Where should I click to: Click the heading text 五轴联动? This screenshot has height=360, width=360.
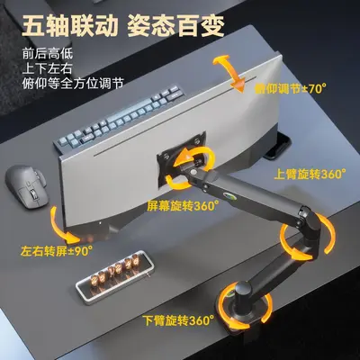coord(68,25)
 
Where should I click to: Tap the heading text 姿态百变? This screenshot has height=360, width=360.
coord(176,25)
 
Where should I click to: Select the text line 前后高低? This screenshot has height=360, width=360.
coord(48,54)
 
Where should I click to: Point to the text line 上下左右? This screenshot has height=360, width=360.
coord(48,68)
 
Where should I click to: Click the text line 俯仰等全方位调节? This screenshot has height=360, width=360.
coord(73,83)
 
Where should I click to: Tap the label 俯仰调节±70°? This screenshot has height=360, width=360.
coord(291,89)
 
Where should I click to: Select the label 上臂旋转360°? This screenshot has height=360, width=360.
coord(310,175)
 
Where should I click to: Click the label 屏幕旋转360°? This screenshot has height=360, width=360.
coord(183,206)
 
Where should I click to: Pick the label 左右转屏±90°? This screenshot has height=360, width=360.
coord(57,251)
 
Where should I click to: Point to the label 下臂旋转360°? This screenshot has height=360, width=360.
coord(178,320)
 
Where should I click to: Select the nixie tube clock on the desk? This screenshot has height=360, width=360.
coord(114,277)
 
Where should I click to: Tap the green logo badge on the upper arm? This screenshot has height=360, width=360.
coord(229,195)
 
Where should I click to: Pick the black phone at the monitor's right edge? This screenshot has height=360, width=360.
coord(277,146)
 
